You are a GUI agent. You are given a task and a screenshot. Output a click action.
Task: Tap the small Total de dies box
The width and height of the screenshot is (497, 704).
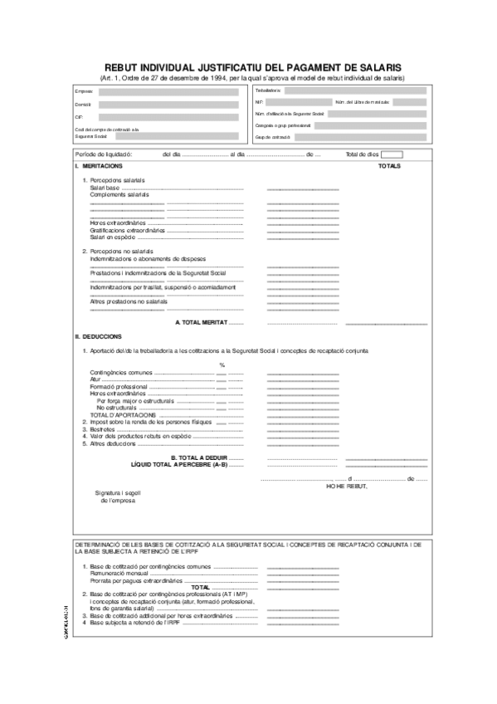pyautogui.click(x=392, y=154)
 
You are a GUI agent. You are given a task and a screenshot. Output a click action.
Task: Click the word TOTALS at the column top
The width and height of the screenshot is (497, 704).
pyautogui.click(x=389, y=166)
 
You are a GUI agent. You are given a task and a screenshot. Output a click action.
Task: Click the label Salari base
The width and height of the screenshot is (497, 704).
pyautogui.click(x=105, y=188)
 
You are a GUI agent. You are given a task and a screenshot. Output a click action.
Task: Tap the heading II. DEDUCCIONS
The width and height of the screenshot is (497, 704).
pyautogui.click(x=98, y=336)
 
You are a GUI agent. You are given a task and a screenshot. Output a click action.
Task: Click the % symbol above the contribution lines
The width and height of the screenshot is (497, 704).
pyautogui.click(x=222, y=364)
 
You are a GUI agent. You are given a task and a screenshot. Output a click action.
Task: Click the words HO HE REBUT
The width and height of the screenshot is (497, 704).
pyautogui.click(x=346, y=486)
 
